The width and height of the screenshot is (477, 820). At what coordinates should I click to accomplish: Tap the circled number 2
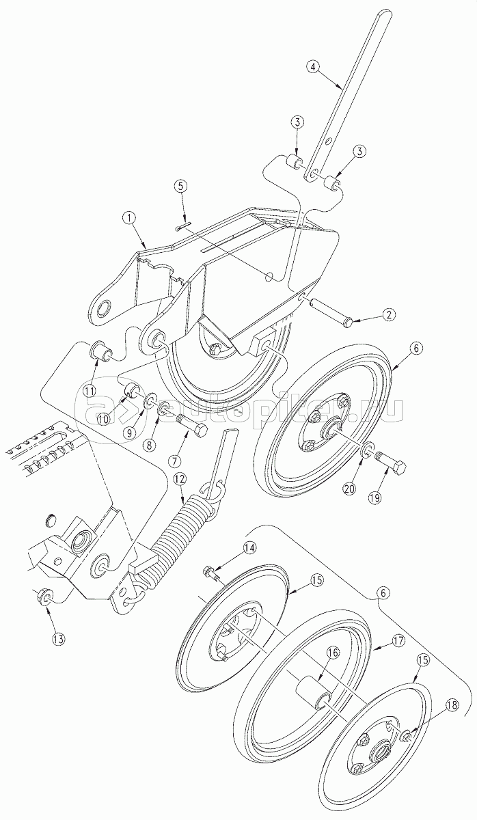pos(388,314)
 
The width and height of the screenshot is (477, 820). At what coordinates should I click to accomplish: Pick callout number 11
pos(90,390)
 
